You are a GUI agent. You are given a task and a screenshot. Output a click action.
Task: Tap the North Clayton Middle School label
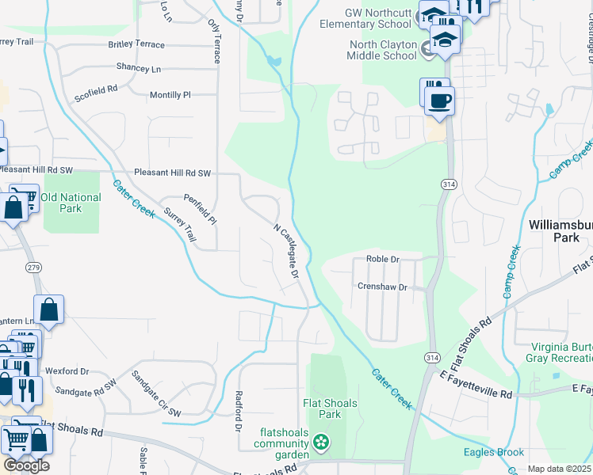pos(383,50)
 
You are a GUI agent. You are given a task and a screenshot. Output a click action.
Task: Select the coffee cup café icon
pos(438,101)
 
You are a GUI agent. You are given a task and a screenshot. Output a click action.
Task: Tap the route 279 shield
pos(33,268)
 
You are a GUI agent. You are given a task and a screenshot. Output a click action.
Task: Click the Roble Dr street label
pos(382,259)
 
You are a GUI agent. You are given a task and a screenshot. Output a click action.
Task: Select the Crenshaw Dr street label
pos(381,287)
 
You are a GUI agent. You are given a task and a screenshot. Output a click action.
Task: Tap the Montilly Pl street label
pos(170,95)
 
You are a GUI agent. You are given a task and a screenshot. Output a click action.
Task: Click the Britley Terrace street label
pos(136,44)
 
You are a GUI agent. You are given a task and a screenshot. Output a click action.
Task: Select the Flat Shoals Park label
pos(331,408)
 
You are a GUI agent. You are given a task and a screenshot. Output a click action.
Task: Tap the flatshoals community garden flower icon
pos(321,441)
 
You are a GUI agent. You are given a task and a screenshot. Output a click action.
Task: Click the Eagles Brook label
pos(494,453)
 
